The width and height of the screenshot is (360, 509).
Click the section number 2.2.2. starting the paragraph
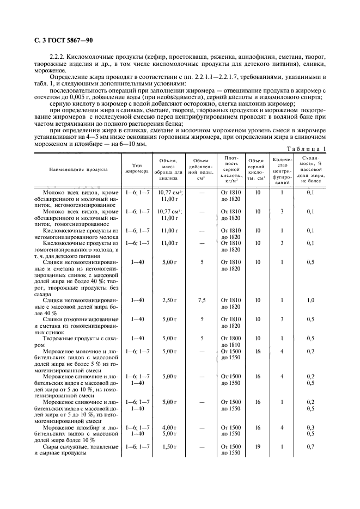click(58, 57)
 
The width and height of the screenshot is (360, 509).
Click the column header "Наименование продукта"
click(78, 169)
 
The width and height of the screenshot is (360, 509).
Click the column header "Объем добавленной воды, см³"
click(202, 169)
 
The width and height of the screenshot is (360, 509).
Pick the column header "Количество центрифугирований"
click(282, 169)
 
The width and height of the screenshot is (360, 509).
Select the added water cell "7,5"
click(202, 300)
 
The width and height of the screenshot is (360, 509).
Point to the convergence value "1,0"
click(310, 300)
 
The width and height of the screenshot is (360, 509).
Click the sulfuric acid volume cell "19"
click(257, 446)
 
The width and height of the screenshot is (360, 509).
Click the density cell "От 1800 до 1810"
click(230, 341)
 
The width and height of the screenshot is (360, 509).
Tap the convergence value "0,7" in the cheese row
click(310, 446)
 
